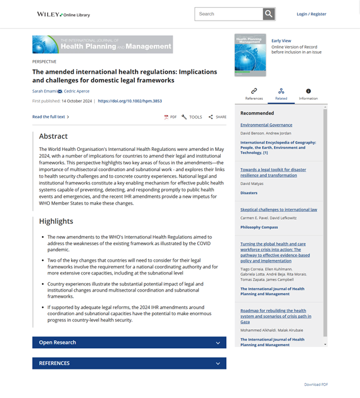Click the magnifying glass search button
click(269, 14)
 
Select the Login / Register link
click(311, 14)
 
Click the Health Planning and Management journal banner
click(102, 44)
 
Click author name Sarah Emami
click(44, 91)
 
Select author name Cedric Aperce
click(76, 91)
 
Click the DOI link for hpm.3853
click(130, 100)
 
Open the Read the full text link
click(50, 117)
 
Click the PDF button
click(170, 117)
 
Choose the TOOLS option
click(192, 117)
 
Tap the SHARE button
click(217, 117)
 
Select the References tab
click(254, 94)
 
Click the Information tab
click(308, 94)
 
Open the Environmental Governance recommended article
click(266, 125)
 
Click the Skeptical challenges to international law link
click(279, 209)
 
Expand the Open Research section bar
click(129, 343)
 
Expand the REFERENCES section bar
click(129, 363)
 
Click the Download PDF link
click(316, 385)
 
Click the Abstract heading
click(54, 136)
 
